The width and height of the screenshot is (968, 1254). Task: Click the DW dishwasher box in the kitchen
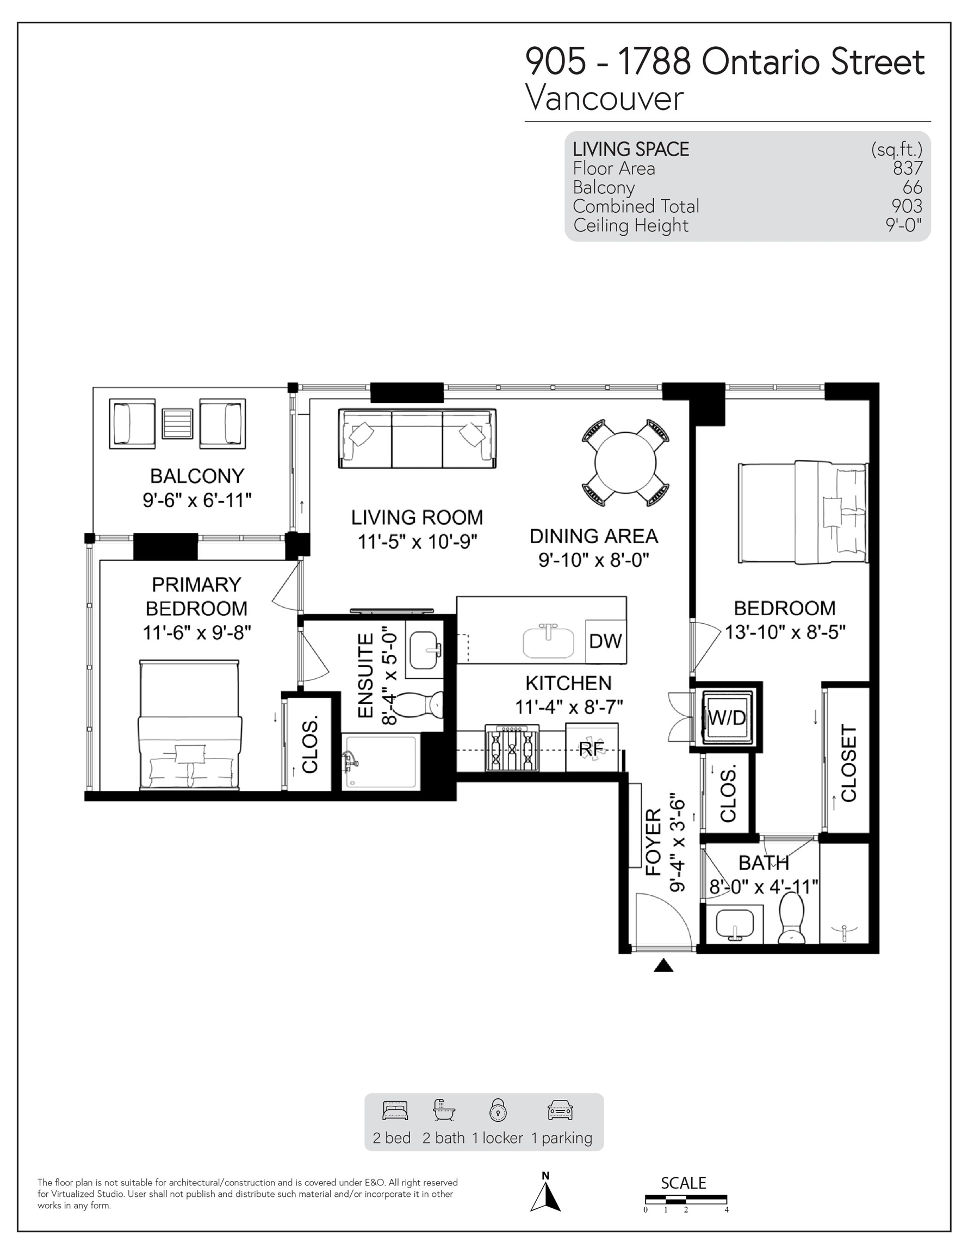pos(605,641)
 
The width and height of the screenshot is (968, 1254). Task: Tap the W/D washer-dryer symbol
pos(727,717)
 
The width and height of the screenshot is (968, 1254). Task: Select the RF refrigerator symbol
pos(592,748)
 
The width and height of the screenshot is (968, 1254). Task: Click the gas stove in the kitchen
pos(512,748)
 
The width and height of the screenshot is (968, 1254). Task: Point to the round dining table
pos(625,463)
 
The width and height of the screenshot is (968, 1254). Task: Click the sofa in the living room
pos(417,438)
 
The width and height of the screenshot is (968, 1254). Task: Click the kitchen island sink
pos(549,642)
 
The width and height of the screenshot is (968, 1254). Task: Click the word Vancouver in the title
pos(605,98)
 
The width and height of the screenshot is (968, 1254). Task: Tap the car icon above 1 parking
pos(561,1111)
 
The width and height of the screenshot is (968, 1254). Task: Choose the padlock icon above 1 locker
pos(498,1110)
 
